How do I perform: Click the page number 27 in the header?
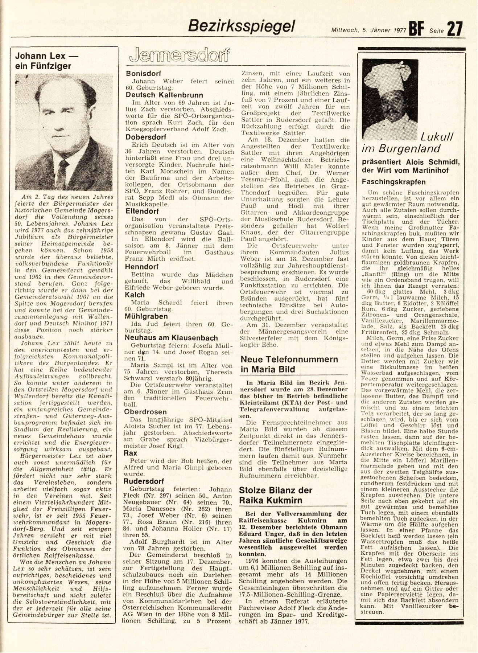[455, 29]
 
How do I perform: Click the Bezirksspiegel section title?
[243, 25]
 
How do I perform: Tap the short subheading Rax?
[131, 453]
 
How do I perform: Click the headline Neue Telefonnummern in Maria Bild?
[289, 364]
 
